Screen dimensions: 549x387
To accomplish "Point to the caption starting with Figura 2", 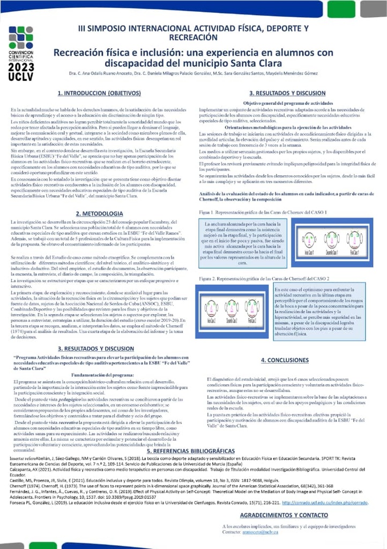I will click(264, 279).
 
